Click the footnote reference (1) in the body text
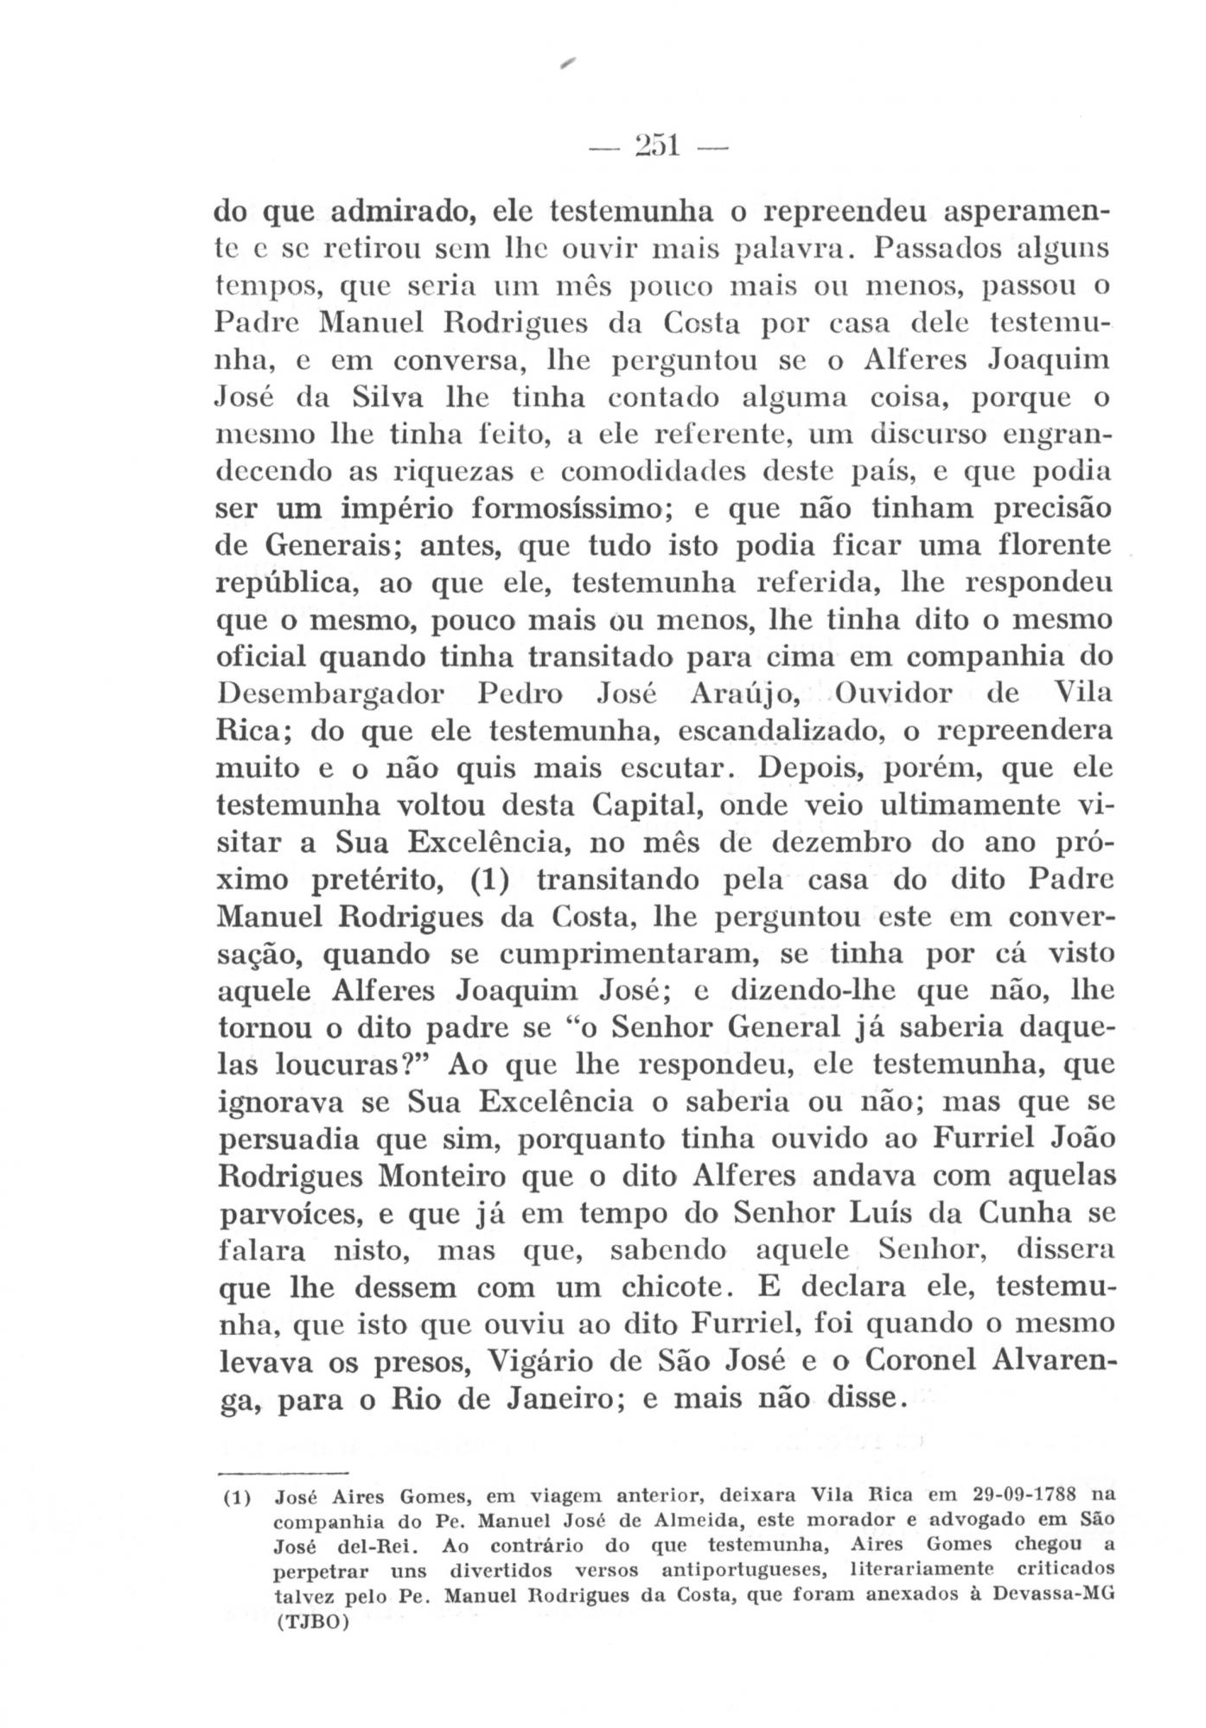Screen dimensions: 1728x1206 494,880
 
